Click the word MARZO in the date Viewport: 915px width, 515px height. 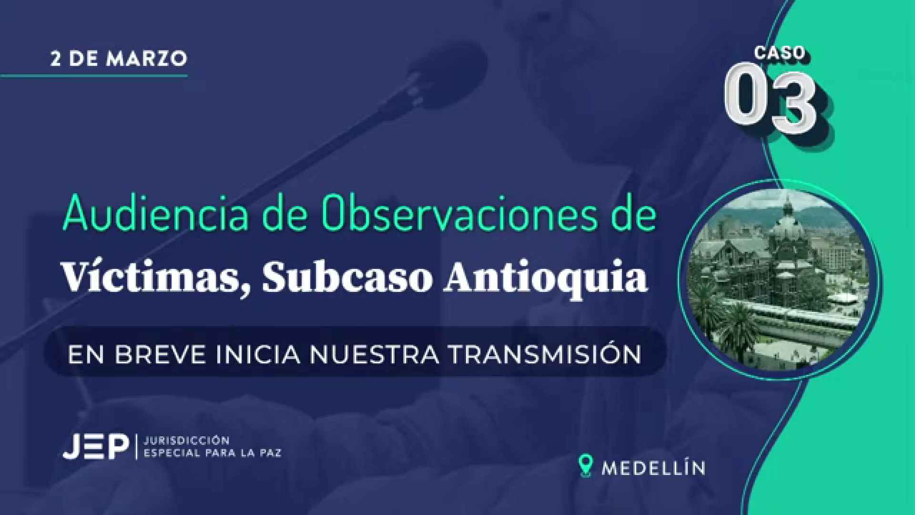pyautogui.click(x=147, y=59)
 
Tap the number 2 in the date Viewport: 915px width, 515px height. pyautogui.click(x=56, y=59)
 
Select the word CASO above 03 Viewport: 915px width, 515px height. pyautogui.click(x=780, y=53)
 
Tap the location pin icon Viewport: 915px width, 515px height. pyautogui.click(x=585, y=465)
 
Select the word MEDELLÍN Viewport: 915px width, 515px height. pyautogui.click(x=653, y=467)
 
